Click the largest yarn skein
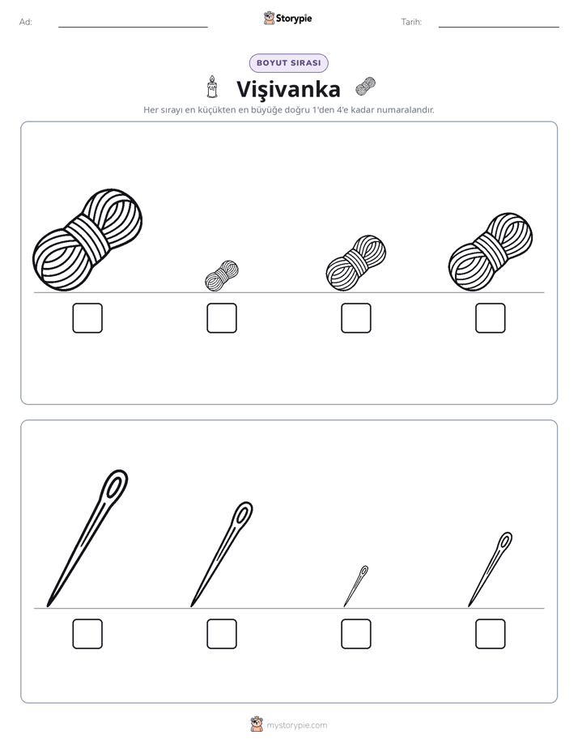(87, 240)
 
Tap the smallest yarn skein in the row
(222, 276)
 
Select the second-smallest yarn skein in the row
(355, 263)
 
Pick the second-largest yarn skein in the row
(491, 252)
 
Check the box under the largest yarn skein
(87, 317)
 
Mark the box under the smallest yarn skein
(222, 317)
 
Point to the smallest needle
(355, 586)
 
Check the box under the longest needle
(87, 634)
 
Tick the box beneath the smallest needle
(355, 634)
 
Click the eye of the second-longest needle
(243, 514)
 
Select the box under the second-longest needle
(222, 634)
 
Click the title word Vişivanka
(288, 89)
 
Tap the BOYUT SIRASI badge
(288, 63)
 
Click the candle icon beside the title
(212, 87)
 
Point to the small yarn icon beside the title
(365, 87)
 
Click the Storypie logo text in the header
(294, 19)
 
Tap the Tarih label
(411, 22)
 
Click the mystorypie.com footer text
(296, 725)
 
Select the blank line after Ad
(133, 27)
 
